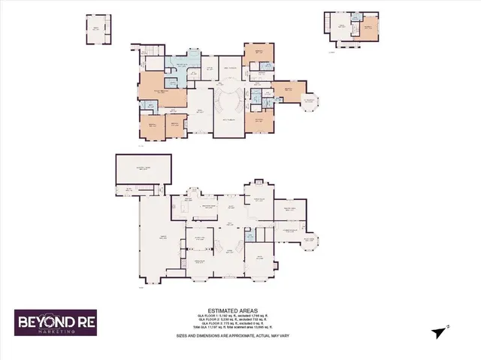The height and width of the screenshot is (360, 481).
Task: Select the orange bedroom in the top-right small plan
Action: click(368, 29)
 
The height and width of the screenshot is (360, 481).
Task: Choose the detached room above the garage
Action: click(143, 169)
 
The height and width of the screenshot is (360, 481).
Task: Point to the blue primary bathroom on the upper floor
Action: click(180, 67)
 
